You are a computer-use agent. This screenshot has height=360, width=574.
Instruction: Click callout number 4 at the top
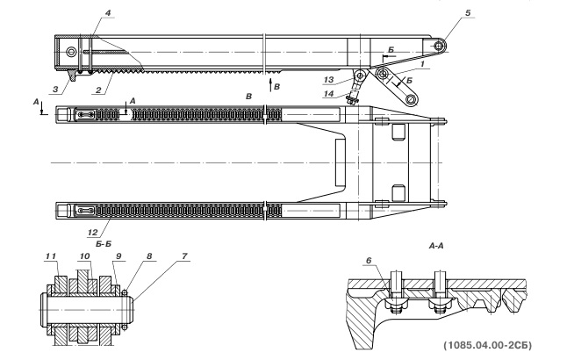[x=108, y=13]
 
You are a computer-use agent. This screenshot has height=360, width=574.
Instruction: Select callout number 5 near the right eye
[x=468, y=13]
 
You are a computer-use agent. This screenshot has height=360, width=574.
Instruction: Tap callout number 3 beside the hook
[x=55, y=89]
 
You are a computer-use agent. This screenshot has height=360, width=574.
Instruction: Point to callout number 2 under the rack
[x=98, y=90]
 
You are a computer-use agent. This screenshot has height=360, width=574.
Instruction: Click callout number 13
[x=329, y=80]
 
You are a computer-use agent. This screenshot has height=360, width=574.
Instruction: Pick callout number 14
[x=328, y=94]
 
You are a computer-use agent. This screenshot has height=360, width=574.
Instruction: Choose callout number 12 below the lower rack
[x=93, y=232]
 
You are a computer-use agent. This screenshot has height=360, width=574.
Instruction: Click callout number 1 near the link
[x=422, y=64]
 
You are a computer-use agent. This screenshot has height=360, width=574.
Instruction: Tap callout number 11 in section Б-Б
[x=51, y=256]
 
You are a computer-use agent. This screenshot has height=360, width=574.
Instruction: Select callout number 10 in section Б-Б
[x=84, y=256]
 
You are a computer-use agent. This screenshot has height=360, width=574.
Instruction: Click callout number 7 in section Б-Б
[x=184, y=256]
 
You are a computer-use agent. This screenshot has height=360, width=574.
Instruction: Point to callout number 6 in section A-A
[x=369, y=261]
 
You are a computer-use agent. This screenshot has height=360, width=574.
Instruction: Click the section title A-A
[x=436, y=246]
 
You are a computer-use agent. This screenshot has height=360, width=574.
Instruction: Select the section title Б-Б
[x=104, y=243]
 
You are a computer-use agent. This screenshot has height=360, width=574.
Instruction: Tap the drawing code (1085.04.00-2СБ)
[x=488, y=345]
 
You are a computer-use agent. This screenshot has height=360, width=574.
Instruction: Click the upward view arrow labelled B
[x=270, y=84]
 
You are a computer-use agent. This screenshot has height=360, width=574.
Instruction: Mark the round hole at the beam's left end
[x=71, y=52]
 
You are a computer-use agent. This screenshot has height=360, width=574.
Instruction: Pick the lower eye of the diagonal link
[x=412, y=99]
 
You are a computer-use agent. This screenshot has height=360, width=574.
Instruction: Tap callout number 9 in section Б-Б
[x=118, y=256]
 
